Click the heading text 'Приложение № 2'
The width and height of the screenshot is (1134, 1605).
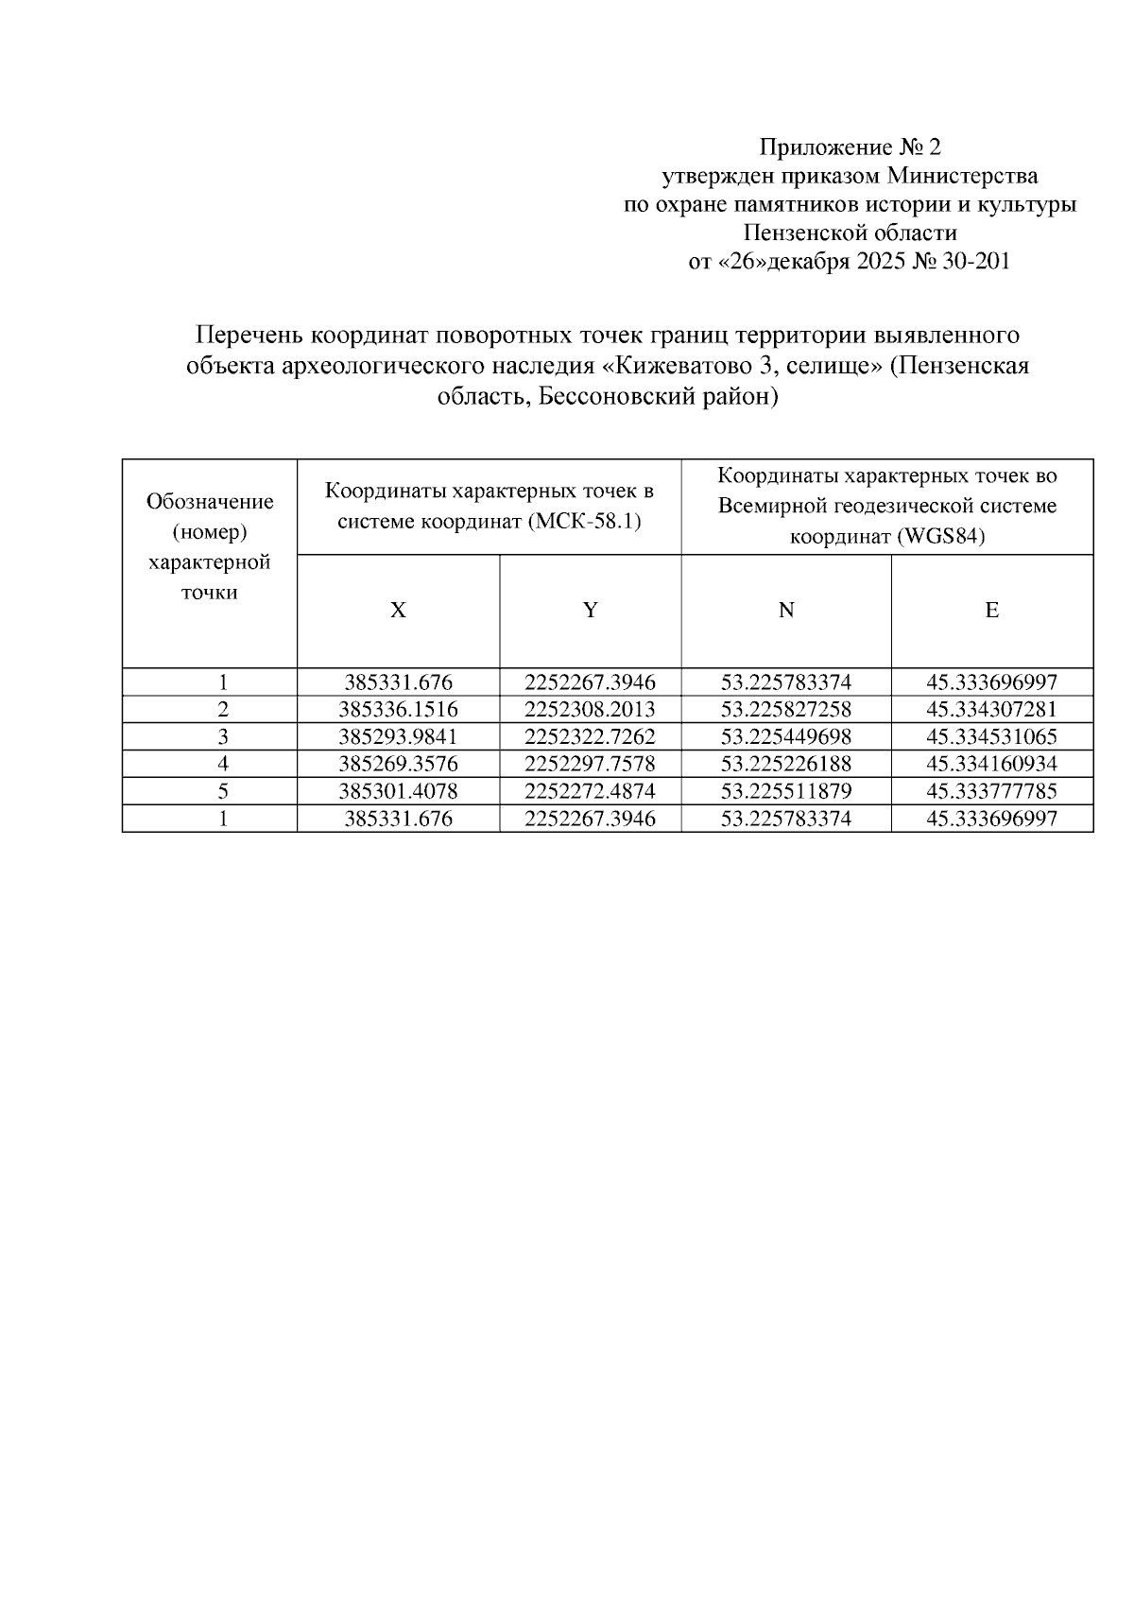tap(850, 147)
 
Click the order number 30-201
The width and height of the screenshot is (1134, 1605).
tap(976, 262)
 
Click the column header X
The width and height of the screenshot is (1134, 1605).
tap(398, 611)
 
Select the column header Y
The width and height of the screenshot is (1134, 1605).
tap(590, 611)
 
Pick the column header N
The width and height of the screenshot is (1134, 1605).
tap(785, 611)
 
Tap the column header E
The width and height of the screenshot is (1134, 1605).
tap(991, 611)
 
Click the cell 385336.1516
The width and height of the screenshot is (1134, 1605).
tap(398, 710)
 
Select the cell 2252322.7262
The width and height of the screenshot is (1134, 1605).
tap(590, 736)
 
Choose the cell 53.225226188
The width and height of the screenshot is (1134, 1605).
tap(785, 764)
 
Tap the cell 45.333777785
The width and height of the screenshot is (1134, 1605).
tap(991, 791)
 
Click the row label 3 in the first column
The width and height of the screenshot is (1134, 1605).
tap(223, 736)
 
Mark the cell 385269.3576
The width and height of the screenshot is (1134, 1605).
tap(398, 764)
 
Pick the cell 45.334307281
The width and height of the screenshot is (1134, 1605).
tap(991, 710)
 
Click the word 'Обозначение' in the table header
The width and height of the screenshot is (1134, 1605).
tap(210, 502)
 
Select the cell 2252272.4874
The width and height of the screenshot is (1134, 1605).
tap(590, 791)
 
